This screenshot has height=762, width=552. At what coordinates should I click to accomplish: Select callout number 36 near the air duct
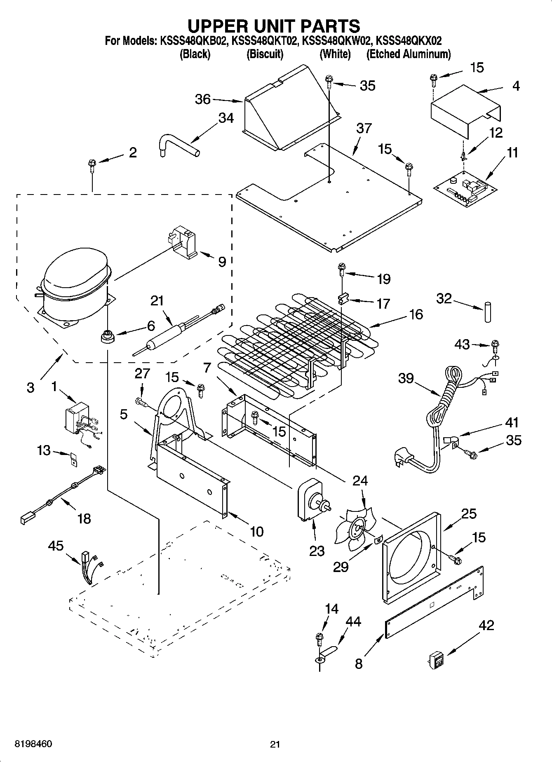pos(202,99)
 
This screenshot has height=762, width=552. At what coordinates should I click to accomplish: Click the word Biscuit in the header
pos(265,54)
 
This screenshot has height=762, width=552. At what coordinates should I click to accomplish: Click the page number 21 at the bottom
pos(275,744)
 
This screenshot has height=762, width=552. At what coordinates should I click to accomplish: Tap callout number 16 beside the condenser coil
pos(416,314)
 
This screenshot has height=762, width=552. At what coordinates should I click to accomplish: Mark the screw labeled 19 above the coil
pos(342,269)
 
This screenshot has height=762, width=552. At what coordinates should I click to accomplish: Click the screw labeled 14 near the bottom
pos(319,639)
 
